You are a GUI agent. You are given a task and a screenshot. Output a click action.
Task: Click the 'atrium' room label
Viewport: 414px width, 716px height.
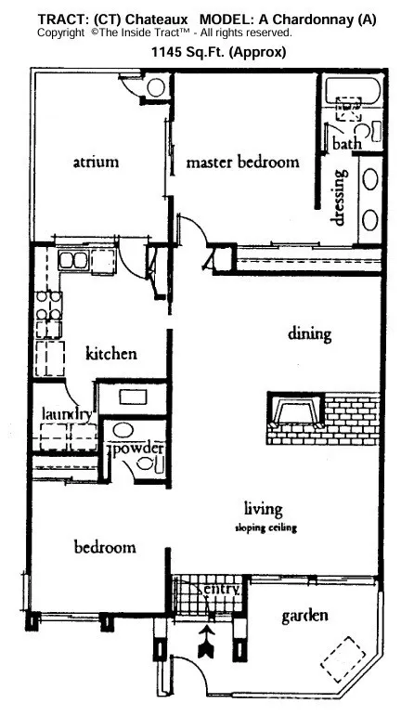point(96,162)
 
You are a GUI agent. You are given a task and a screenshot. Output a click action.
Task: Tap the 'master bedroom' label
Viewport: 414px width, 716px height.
point(242,162)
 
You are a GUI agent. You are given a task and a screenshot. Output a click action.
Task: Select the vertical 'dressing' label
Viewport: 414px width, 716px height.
point(340,196)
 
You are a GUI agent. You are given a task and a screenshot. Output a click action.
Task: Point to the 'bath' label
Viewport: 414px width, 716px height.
point(347,144)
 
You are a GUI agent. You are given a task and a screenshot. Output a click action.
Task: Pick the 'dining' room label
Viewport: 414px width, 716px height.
point(309,333)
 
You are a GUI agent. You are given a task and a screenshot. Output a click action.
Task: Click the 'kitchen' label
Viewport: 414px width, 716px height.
point(111,353)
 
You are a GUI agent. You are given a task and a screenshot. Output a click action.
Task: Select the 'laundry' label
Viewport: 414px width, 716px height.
point(65,414)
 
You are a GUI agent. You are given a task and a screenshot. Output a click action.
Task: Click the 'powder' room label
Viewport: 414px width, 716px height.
point(138,449)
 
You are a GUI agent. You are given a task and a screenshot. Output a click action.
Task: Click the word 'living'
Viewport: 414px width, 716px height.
point(263,508)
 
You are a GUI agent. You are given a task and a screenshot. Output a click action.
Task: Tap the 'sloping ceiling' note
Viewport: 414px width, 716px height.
point(263,527)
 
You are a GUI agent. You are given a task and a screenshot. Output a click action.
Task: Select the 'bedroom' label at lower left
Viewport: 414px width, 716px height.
point(104,547)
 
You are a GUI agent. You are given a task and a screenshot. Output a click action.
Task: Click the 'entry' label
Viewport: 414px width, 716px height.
point(223,589)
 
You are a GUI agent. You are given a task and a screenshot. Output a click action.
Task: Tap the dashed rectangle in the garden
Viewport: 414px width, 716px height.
point(343,660)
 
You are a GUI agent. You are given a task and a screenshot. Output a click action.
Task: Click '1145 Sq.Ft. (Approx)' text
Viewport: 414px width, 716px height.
point(219,52)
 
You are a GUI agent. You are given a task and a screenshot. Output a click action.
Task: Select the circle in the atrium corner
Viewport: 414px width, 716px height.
point(155,87)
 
